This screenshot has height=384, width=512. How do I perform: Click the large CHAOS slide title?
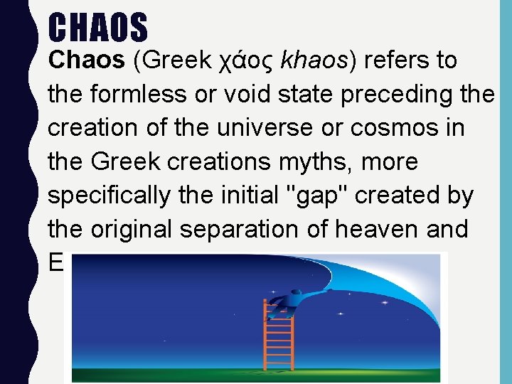[x=98, y=27]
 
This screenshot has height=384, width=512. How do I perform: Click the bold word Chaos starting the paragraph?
[x=85, y=60]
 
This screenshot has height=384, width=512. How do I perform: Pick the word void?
[x=235, y=95]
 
